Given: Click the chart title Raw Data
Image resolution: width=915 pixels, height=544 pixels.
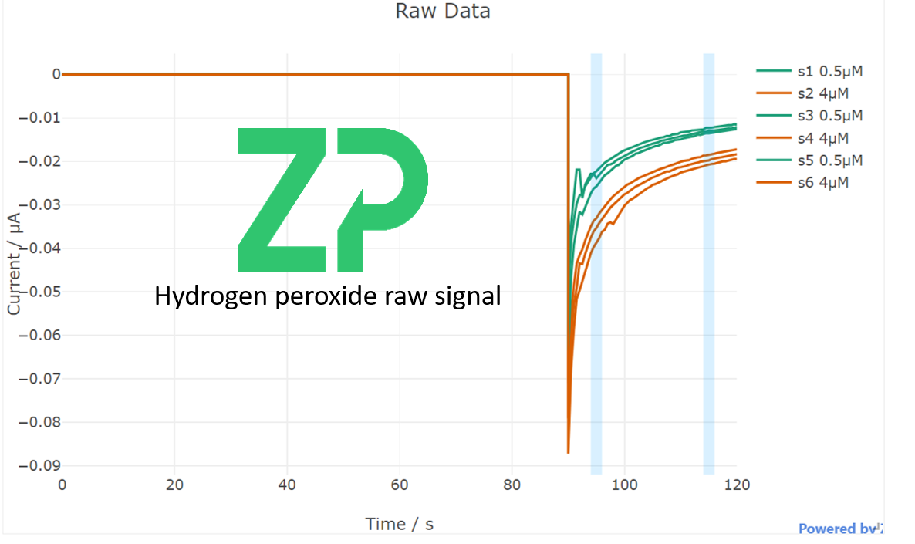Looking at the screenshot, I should click(x=442, y=12).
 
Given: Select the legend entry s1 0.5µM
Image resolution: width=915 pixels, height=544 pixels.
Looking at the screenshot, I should click(x=829, y=71).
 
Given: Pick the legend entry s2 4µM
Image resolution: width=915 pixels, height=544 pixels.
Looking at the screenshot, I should click(x=822, y=93).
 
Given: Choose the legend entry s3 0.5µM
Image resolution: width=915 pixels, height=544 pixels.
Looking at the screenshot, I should click(x=829, y=116).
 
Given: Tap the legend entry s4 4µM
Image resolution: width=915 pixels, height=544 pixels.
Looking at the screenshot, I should click(x=822, y=138).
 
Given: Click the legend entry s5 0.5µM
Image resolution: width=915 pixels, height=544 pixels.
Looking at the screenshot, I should click(x=829, y=160).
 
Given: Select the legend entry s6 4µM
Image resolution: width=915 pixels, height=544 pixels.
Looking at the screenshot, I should click(x=822, y=183).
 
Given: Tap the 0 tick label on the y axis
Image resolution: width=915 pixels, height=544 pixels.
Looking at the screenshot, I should click(x=56, y=75).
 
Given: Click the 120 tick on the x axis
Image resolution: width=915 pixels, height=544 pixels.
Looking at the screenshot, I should click(x=736, y=485).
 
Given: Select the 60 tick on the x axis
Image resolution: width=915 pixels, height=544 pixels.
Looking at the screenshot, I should click(x=400, y=485).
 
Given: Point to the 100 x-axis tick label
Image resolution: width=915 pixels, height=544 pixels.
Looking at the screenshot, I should click(x=623, y=485).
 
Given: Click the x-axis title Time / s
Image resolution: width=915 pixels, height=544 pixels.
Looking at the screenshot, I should click(x=399, y=524).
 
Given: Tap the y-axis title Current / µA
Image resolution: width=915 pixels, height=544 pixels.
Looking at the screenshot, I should click(x=14, y=262).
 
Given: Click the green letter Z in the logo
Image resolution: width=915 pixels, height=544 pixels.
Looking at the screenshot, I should click(x=282, y=200).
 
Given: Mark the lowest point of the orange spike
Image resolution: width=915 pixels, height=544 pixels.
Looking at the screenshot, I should click(x=568, y=452).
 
